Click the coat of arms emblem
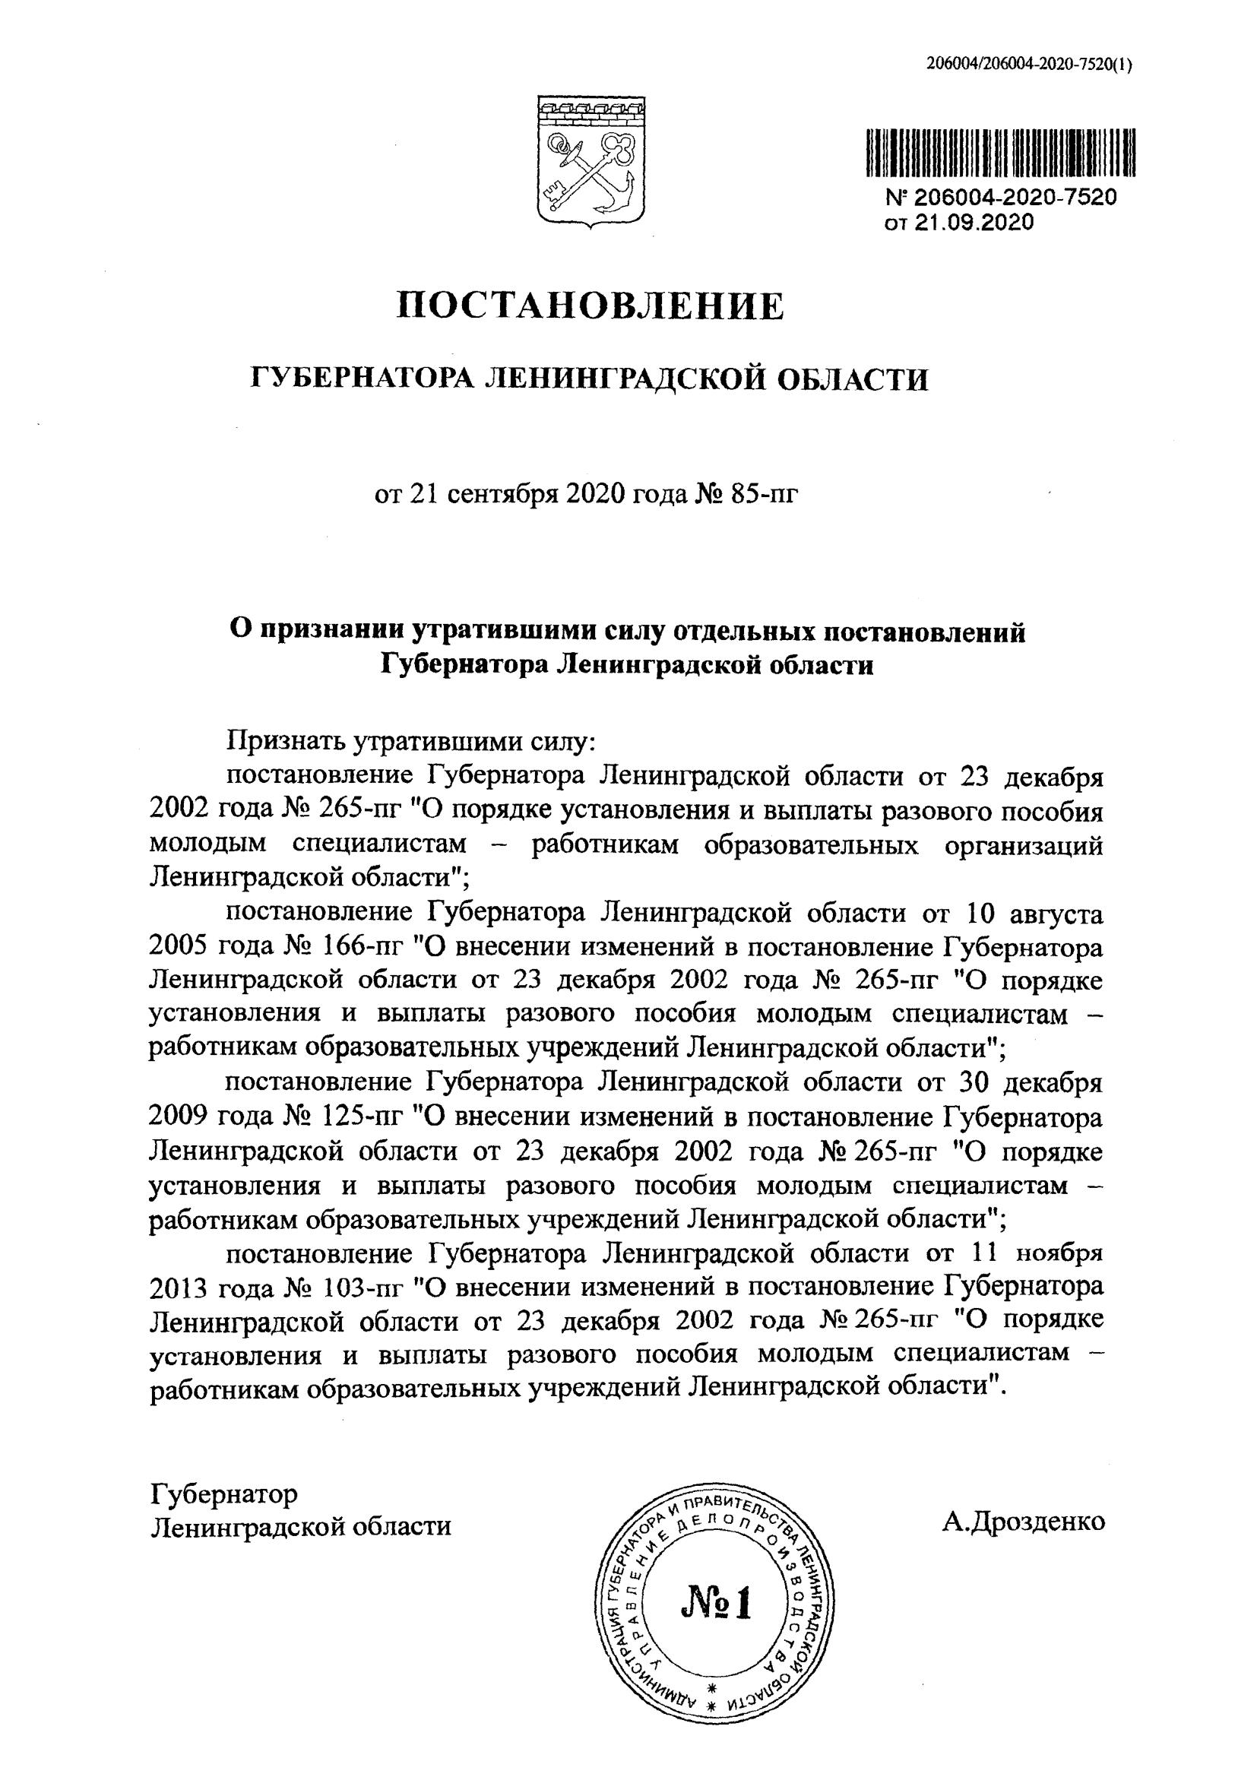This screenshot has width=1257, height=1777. [592, 161]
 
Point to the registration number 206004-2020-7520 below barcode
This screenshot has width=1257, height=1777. [1015, 198]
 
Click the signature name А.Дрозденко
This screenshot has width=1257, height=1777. [1023, 980]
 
